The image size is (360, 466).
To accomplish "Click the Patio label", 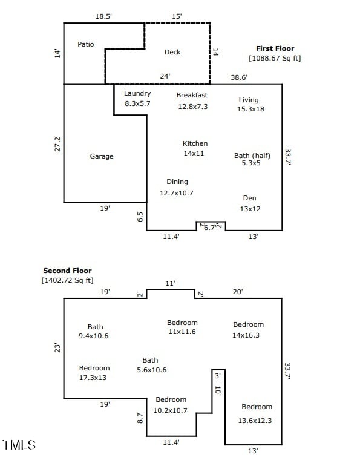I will (x=86, y=44).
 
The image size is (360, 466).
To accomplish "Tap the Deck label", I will (x=172, y=52).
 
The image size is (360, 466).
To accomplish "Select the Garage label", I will (x=102, y=156).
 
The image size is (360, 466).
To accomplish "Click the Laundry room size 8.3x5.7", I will (x=137, y=103).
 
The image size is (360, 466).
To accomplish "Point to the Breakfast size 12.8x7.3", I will (x=192, y=107).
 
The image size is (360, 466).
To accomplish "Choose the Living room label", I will (x=248, y=100).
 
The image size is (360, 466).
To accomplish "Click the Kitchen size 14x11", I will (x=195, y=154).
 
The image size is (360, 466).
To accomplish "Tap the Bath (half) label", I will (x=252, y=156).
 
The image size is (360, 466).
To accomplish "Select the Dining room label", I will (x=177, y=182).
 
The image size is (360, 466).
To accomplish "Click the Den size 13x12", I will (x=249, y=209).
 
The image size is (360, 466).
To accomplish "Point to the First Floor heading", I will (x=275, y=48).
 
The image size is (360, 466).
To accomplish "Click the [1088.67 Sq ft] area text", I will (x=275, y=58).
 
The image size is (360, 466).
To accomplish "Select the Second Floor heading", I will (x=67, y=271).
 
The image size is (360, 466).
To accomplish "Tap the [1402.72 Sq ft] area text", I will (x=67, y=280).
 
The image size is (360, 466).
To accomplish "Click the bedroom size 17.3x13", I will (x=94, y=378).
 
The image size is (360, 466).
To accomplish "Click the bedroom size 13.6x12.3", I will (x=257, y=421).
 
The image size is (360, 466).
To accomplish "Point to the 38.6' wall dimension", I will (x=239, y=77).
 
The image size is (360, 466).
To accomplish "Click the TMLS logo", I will (x=19, y=445).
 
